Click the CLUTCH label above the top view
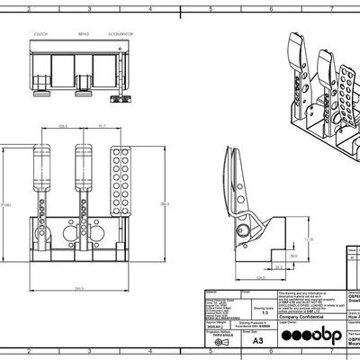click(x=41, y=34)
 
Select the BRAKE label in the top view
click(x=83, y=34)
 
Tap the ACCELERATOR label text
click(x=123, y=34)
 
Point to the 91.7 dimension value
click(x=103, y=125)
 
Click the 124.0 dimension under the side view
click(x=260, y=278)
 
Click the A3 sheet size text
click(x=258, y=341)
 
